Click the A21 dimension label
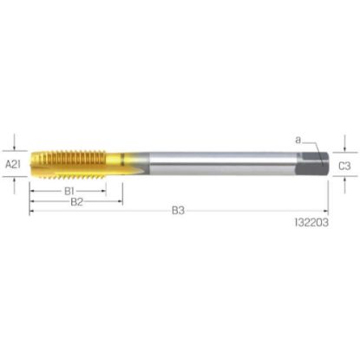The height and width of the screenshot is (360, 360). point(13,165)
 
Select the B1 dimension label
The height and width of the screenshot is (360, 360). point(69,191)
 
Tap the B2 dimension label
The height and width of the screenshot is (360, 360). point(77,202)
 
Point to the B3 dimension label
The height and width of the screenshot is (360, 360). point(178,211)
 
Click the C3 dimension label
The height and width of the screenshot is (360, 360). point(344,166)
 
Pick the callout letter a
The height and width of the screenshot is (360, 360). point(298,141)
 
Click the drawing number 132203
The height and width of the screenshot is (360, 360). point(311,222)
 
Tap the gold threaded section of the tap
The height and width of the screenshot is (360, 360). point(68,164)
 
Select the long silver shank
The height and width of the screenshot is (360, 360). point(223,164)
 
